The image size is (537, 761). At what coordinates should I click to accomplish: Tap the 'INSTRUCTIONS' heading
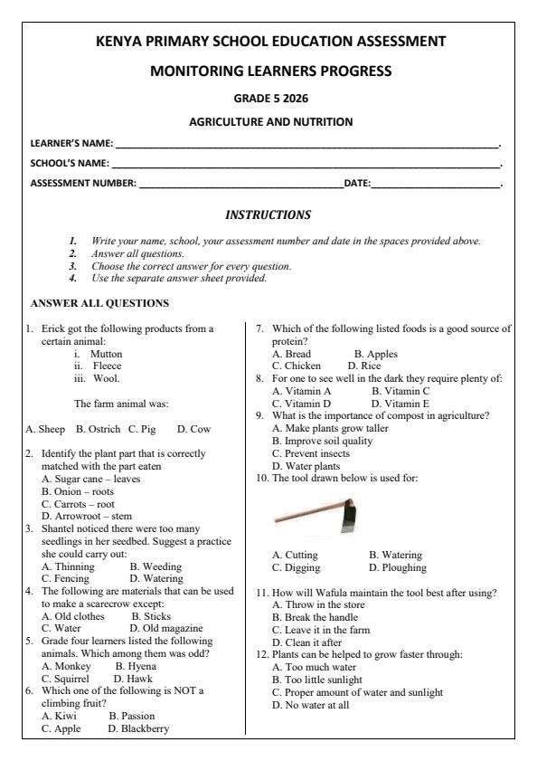tap(268, 215)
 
